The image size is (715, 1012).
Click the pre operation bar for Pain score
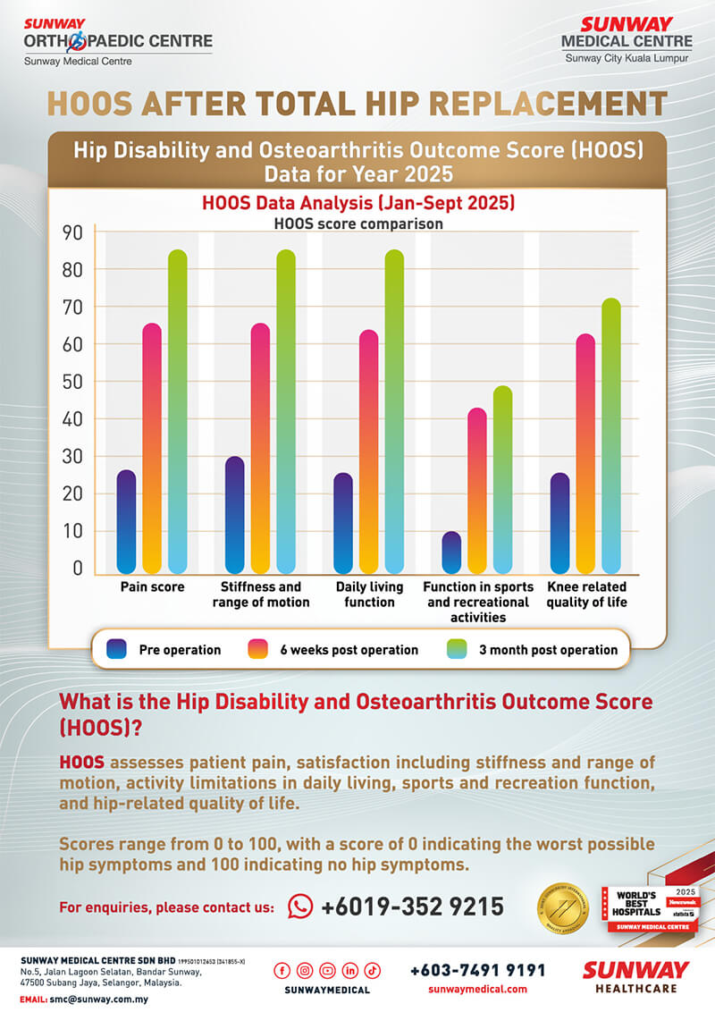(x=126, y=522)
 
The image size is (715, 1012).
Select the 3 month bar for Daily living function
(x=394, y=411)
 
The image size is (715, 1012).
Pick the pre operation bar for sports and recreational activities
(x=451, y=552)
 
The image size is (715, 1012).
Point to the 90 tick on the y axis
(x=72, y=232)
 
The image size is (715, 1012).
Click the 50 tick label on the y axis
(x=72, y=382)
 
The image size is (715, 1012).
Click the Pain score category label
(x=153, y=587)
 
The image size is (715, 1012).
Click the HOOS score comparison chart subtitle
(x=357, y=223)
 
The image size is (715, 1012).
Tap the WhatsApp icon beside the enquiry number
(x=300, y=907)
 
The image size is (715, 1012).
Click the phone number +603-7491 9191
(x=477, y=970)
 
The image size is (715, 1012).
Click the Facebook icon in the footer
(x=282, y=970)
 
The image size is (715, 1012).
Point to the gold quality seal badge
(x=562, y=908)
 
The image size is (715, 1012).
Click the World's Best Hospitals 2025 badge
(x=648, y=908)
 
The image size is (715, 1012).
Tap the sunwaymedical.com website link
(x=477, y=989)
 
